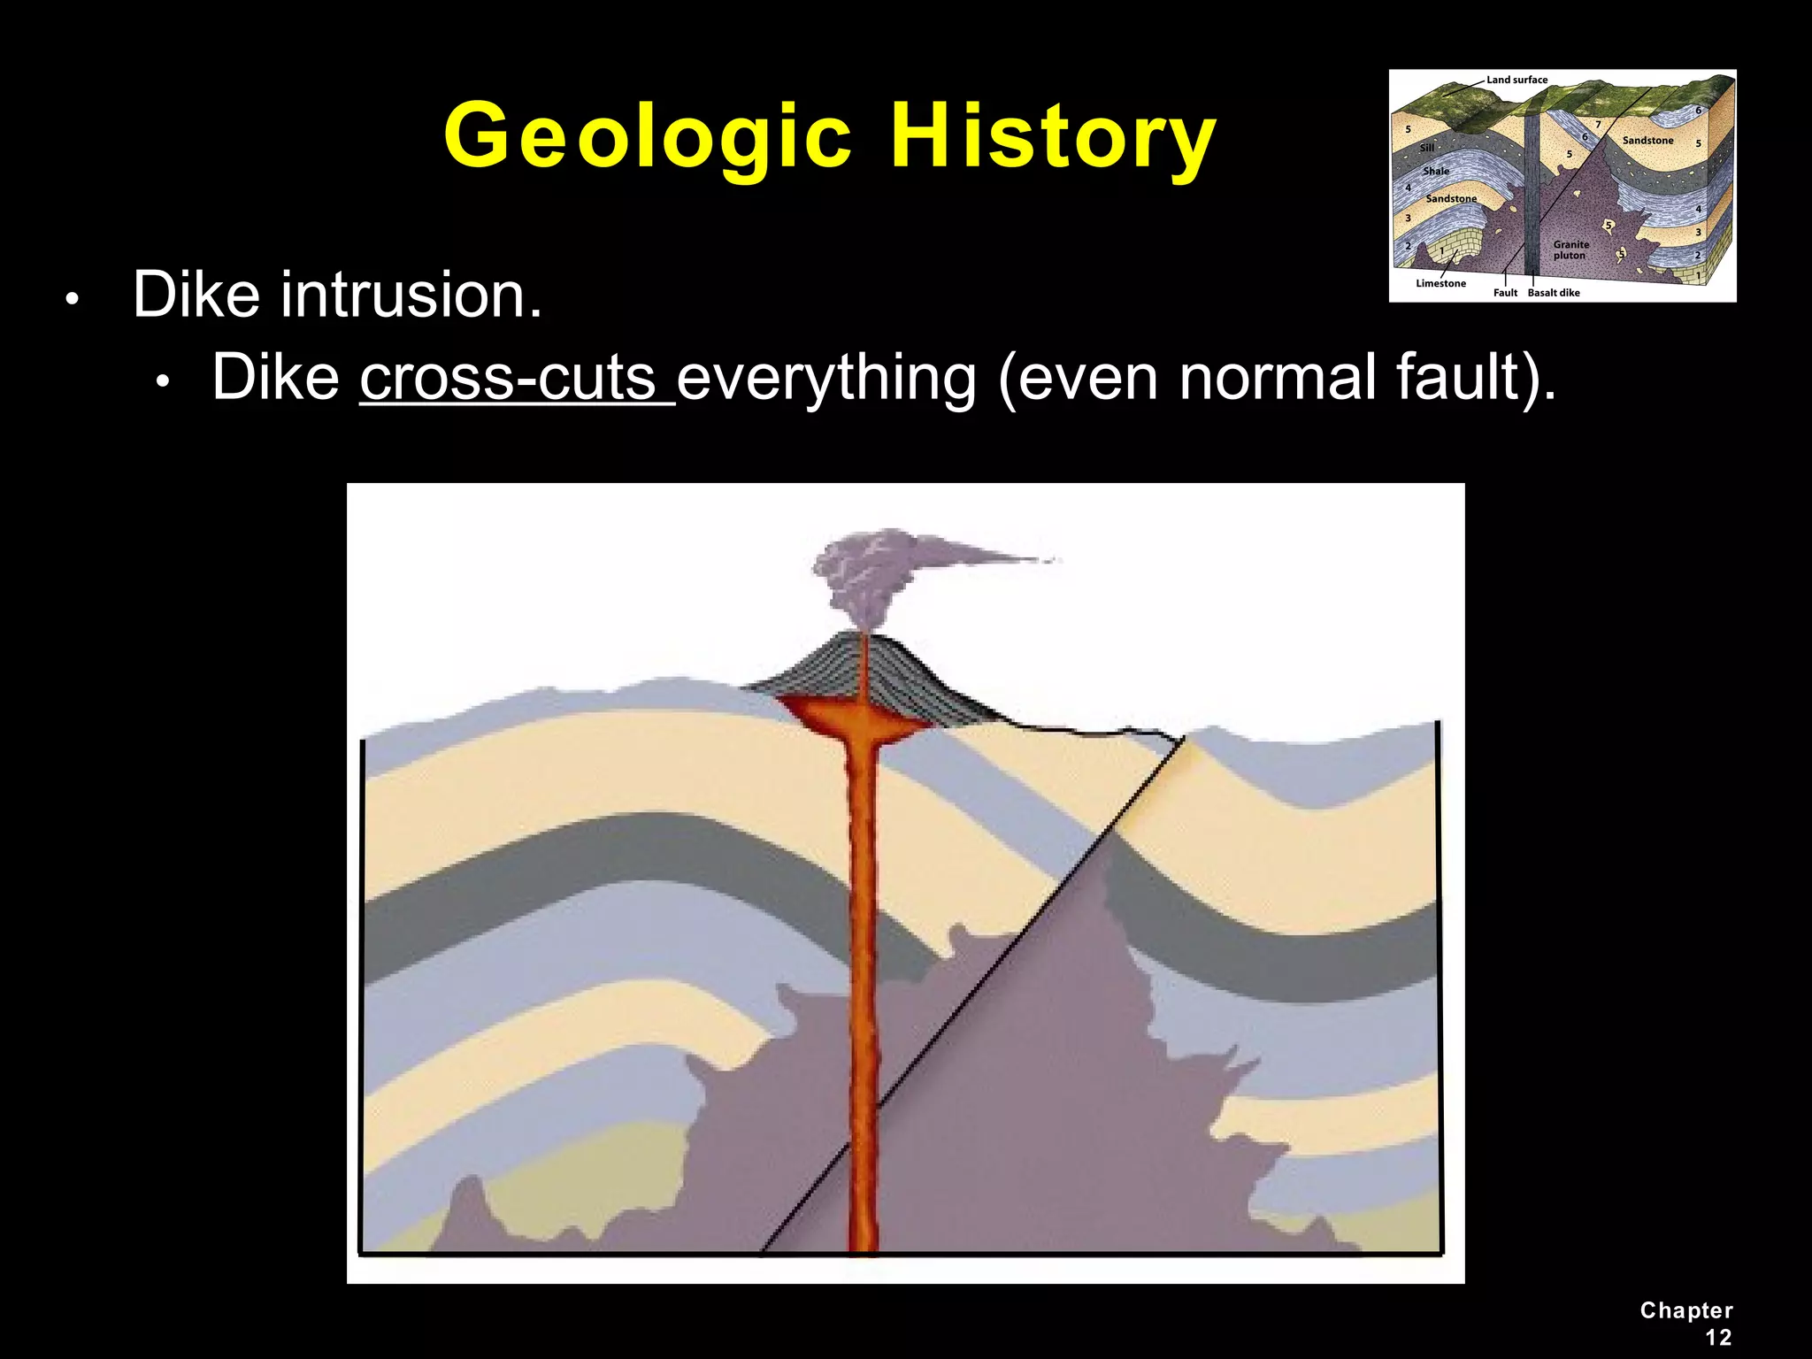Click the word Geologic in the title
[x=648, y=137]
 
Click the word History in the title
[x=1053, y=137]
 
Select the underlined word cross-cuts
[x=517, y=378]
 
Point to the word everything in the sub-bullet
[x=826, y=378]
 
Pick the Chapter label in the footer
[x=1685, y=1310]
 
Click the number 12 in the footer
[x=1718, y=1337]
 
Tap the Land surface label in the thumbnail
[x=1516, y=80]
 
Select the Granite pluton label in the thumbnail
[x=1570, y=250]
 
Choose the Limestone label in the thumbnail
[x=1440, y=283]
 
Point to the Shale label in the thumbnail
[x=1436, y=171]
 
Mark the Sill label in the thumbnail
[x=1427, y=148]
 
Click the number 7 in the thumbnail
[x=1598, y=125]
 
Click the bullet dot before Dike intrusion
[x=73, y=299]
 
